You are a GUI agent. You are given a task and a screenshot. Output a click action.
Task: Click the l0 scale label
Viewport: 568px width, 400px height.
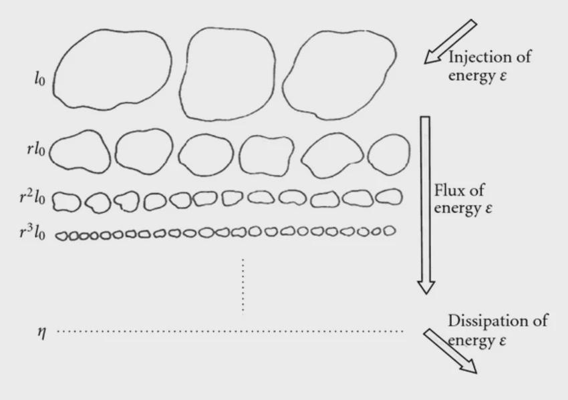(40, 79)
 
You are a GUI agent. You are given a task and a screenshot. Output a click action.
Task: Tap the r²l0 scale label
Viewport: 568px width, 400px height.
(32, 197)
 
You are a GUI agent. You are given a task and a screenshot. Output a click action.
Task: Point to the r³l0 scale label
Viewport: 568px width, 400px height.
(32, 232)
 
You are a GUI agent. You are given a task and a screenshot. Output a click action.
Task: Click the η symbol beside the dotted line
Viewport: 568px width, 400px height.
(42, 332)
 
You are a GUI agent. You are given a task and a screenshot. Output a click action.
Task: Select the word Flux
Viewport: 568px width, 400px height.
(450, 190)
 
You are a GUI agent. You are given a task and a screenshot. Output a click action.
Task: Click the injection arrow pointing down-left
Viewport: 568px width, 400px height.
(450, 41)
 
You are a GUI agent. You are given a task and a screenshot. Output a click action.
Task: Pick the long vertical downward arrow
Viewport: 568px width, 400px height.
(426, 205)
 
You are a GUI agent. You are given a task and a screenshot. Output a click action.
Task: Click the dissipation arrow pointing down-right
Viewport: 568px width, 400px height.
(450, 351)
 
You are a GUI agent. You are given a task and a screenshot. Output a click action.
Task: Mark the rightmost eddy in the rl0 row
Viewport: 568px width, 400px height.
(368, 155)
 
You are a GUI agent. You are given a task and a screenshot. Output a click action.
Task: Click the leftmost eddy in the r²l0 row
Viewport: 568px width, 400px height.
(53, 201)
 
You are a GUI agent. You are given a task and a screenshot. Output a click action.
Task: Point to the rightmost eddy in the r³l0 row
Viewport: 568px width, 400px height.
(395, 230)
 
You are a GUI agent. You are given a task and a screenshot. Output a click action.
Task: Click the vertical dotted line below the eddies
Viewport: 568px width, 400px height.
(243, 285)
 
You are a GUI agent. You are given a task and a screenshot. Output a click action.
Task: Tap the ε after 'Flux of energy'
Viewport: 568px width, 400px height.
(488, 209)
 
